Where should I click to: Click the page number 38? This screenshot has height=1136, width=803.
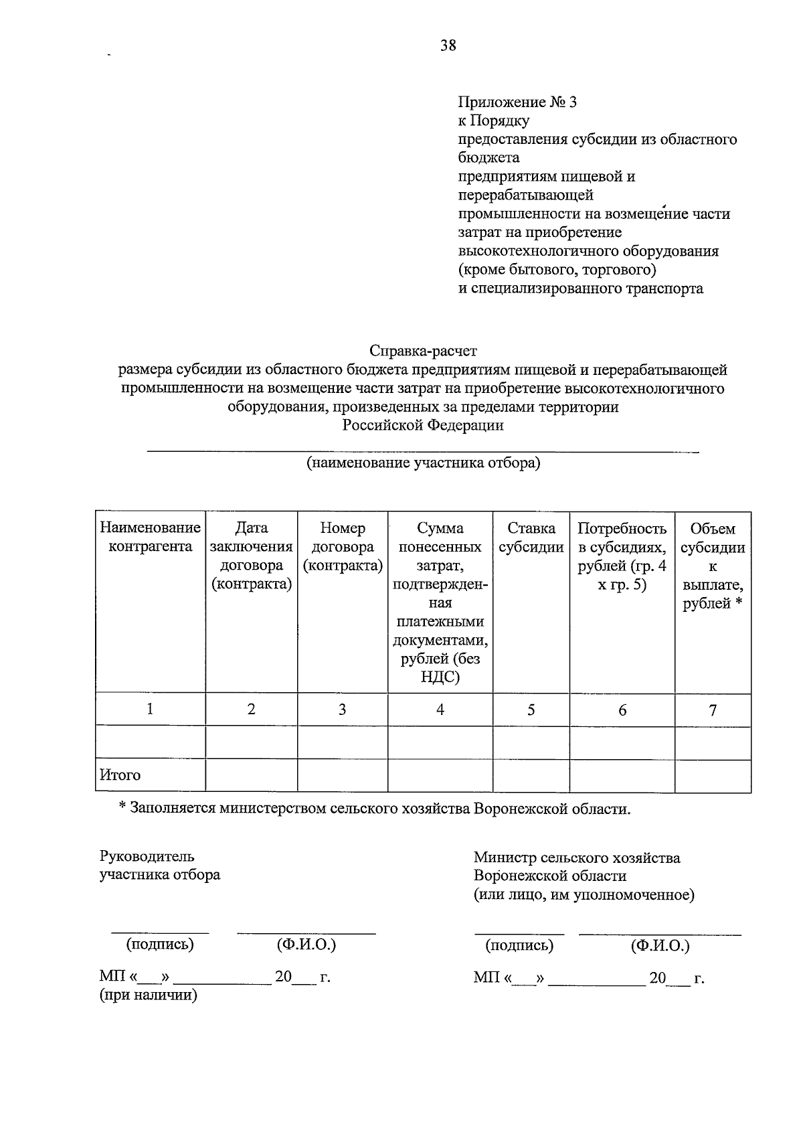coord(448,46)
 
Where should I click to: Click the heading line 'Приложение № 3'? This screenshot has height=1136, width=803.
coord(517,102)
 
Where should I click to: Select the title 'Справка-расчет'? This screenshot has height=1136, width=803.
coord(423,350)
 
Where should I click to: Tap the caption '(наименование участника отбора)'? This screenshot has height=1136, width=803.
coord(423,463)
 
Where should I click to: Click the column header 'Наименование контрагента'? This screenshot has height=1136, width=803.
coord(150,538)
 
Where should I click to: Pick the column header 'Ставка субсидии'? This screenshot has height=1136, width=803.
coord(531,538)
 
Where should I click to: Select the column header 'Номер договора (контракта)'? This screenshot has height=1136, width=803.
coord(343,547)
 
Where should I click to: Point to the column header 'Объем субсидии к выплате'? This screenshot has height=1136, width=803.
coord(713,566)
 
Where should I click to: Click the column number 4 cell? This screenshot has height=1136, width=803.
coord(440,710)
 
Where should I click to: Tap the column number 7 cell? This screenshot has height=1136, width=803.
coord(713,710)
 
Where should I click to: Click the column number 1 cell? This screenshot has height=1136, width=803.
coord(150,708)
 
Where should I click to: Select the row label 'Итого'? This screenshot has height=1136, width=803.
coord(120,775)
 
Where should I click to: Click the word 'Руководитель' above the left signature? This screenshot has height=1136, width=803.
coord(147,856)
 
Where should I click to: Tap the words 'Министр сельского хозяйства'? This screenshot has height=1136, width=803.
coord(576,857)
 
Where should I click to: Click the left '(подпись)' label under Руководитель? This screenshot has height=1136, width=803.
coord(160,944)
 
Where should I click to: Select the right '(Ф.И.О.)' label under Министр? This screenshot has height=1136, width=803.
coord(659,945)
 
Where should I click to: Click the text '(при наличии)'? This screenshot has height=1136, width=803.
coord(148,995)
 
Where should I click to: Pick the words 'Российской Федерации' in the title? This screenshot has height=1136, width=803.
coord(423,425)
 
